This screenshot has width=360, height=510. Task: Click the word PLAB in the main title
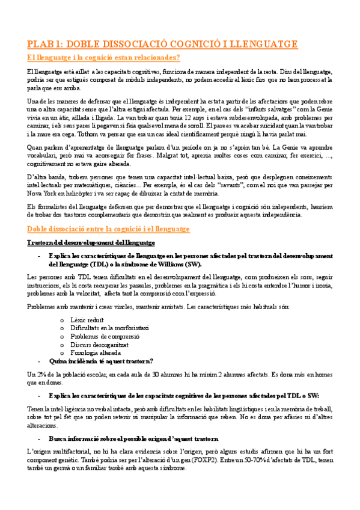pos(43,44)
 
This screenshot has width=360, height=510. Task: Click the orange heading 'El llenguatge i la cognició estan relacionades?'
pos(103,58)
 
